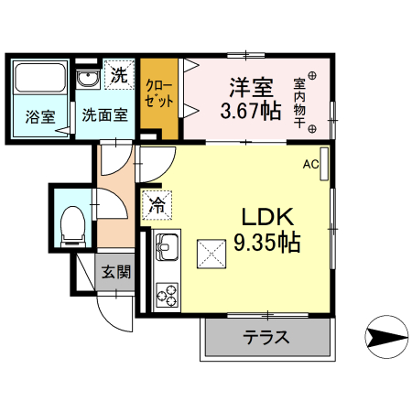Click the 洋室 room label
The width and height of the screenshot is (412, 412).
250,89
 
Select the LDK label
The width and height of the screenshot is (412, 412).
266,218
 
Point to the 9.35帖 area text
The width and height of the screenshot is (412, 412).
266,244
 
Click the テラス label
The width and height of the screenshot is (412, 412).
266,337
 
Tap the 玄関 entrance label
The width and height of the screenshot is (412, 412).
116,273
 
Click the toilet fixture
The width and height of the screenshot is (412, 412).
70,223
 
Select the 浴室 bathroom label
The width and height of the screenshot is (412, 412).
39,116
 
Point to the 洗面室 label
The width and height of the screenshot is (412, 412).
104,116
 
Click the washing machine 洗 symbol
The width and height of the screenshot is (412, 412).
119,76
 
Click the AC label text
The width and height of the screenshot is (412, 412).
310,165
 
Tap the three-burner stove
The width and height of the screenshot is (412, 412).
167,294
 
